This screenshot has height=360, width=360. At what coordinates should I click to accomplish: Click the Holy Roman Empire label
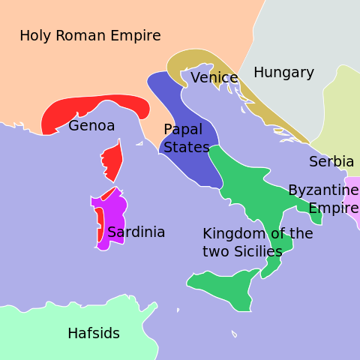(x=90, y=36)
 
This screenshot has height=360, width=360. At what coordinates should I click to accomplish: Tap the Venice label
(x=214, y=78)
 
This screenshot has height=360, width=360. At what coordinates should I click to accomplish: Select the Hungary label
(x=283, y=73)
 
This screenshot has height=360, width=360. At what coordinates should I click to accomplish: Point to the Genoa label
(x=91, y=126)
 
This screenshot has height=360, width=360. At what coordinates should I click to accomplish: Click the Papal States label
(x=186, y=139)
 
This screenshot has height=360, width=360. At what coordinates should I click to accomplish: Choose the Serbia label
(x=331, y=162)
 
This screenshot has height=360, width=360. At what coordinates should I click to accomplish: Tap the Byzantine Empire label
(x=323, y=199)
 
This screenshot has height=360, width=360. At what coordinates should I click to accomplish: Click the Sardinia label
(x=136, y=232)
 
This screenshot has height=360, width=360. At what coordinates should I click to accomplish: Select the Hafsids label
(x=94, y=334)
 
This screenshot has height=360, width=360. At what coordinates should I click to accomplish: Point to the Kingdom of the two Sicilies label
(x=257, y=242)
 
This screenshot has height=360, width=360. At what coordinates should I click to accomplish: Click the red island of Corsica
(x=112, y=159)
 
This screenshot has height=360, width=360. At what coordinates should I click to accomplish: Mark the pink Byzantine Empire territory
(x=353, y=199)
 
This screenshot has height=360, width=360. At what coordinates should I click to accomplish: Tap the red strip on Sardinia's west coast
(x=99, y=225)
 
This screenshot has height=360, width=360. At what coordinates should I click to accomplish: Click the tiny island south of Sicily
(x=234, y=334)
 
